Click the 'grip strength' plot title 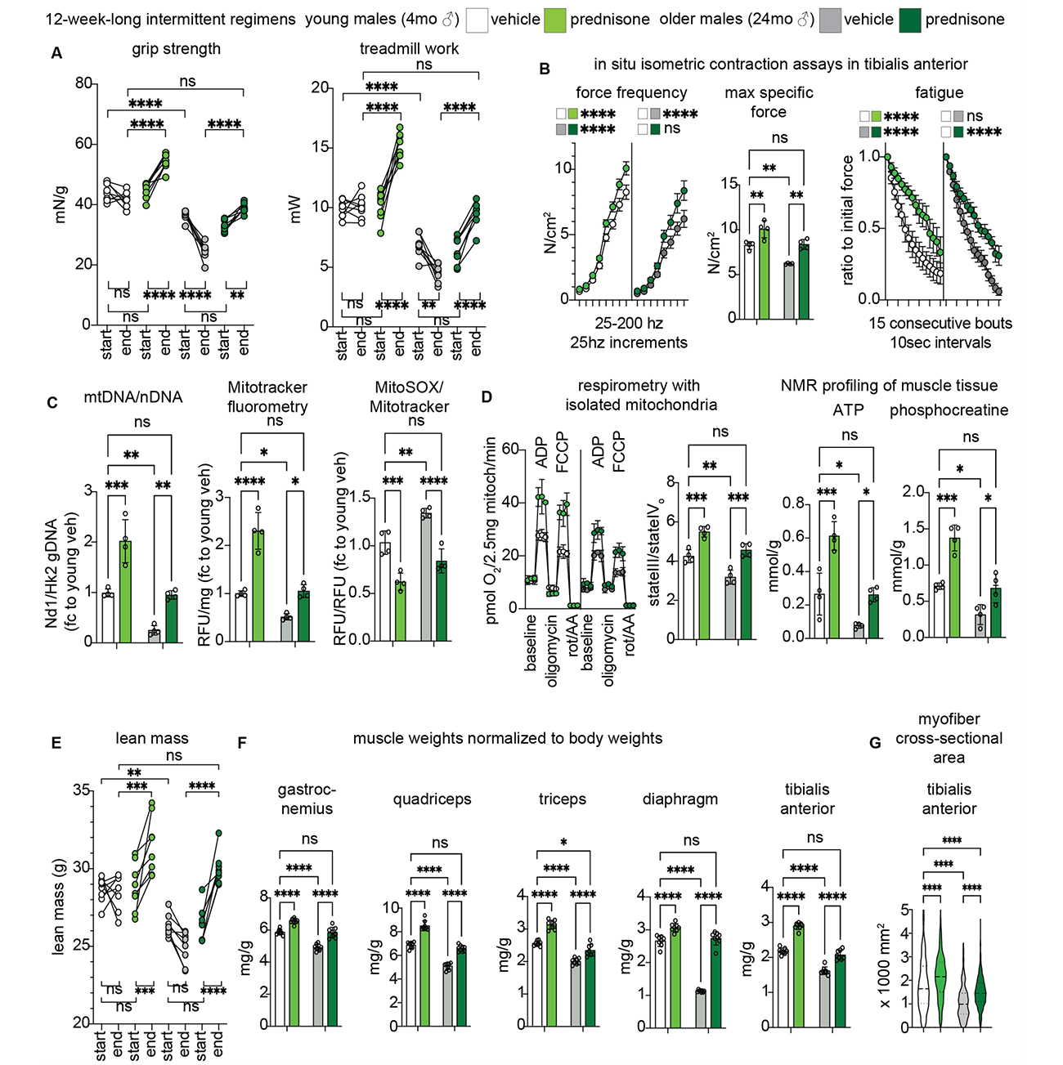tap(176, 49)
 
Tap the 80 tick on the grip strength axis tap(83, 83)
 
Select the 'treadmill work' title tap(409, 49)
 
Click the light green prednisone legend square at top tap(555, 20)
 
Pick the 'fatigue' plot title tap(939, 93)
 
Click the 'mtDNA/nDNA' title tap(133, 397)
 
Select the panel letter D tap(487, 398)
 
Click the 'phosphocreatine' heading tap(949, 410)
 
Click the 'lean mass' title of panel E tap(152, 738)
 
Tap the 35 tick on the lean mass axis tap(81, 790)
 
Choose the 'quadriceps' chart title tap(432, 799)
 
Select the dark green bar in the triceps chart tap(590, 988)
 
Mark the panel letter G tap(875, 743)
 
